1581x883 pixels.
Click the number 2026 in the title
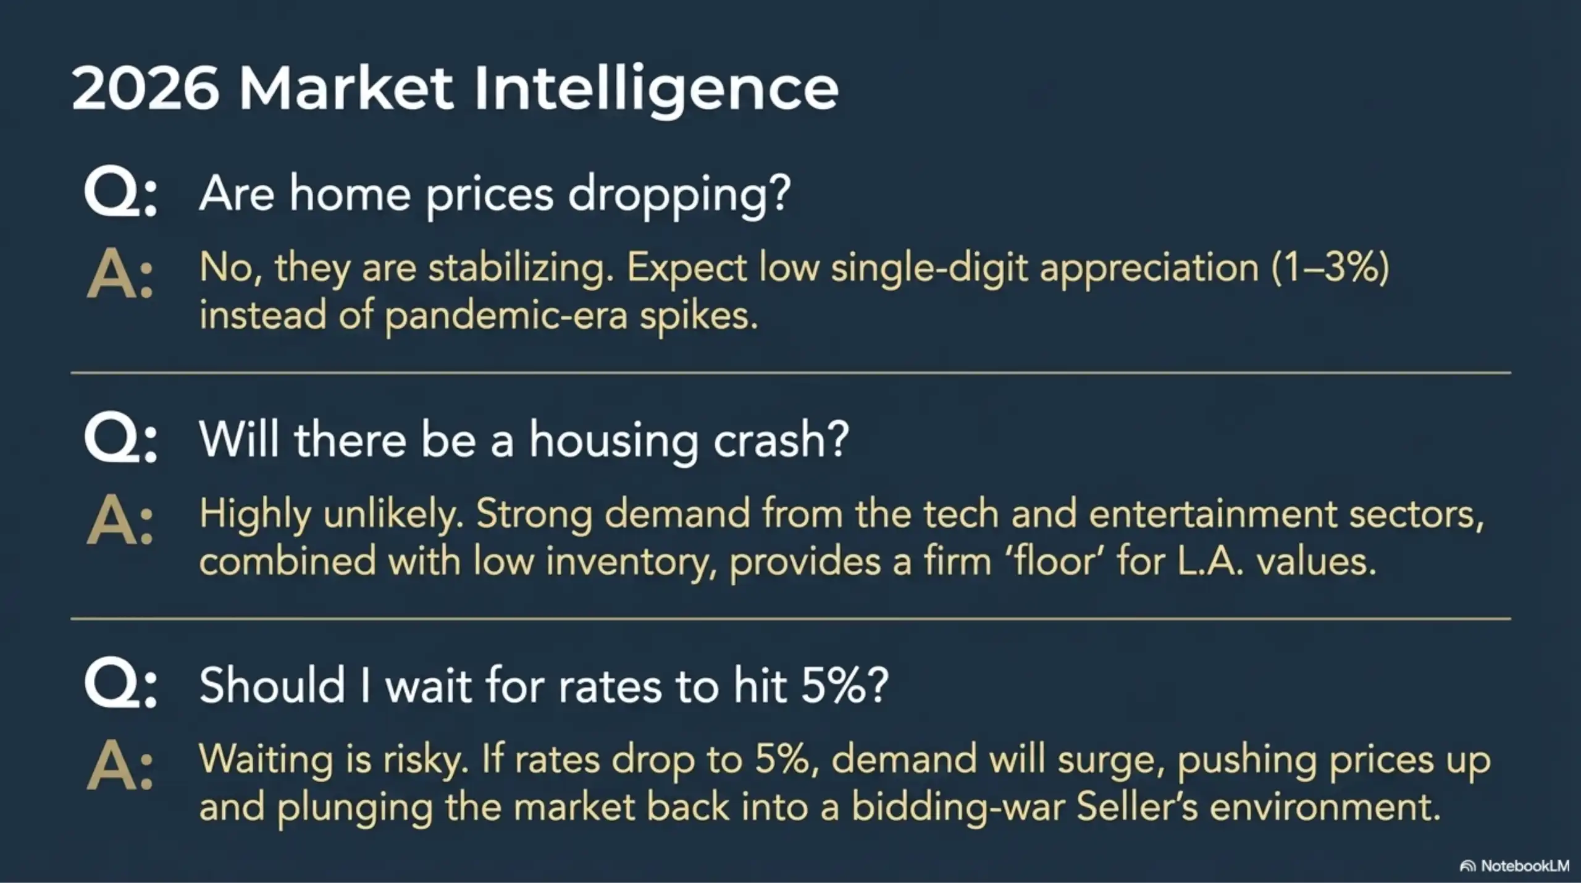(146, 88)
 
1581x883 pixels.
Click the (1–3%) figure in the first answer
(1330, 268)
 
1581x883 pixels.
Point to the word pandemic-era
(506, 316)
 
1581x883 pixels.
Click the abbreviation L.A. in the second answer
(1210, 562)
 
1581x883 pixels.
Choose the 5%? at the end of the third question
(844, 686)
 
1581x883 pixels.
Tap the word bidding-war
(958, 807)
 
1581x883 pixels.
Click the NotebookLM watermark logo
(1467, 866)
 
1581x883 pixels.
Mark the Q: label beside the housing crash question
(121, 440)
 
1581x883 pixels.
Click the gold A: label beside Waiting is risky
(120, 767)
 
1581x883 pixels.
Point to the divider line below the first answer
(790, 373)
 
